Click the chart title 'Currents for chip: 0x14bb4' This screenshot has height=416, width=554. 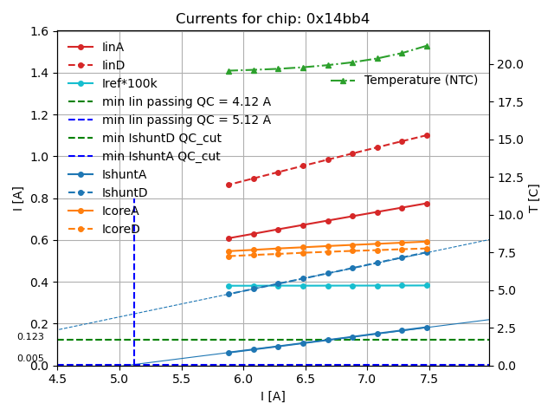[273, 19]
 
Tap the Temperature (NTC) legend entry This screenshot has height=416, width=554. [421, 81]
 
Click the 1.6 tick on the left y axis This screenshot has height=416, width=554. [40, 32]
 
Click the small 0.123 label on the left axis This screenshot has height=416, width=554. [30, 337]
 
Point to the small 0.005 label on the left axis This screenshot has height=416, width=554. [30, 358]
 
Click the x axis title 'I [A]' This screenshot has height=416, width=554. [273, 396]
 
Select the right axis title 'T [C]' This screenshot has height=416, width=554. [534, 198]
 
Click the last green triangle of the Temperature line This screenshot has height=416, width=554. [427, 46]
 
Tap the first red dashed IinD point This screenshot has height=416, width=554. [229, 185]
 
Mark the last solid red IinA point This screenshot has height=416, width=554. [427, 204]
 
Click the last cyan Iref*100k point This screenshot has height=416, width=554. [427, 285]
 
